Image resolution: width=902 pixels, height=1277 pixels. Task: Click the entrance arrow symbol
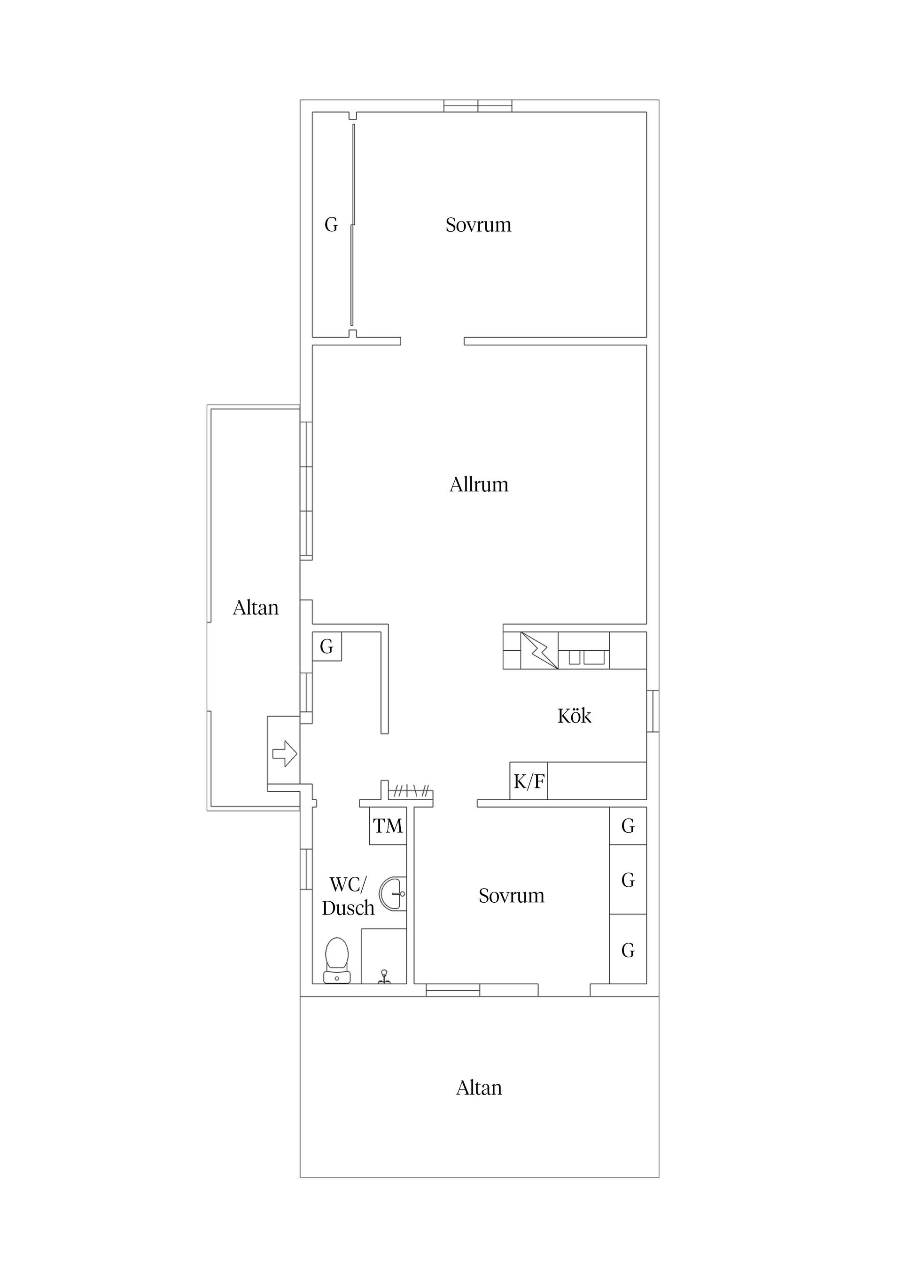tap(285, 754)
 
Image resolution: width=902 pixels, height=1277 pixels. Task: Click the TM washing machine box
tap(388, 826)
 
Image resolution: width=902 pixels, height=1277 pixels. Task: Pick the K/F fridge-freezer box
tap(529, 781)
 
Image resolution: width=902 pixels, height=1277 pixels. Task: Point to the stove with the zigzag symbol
tap(540, 650)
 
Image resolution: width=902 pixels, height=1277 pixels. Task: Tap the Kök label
tap(574, 715)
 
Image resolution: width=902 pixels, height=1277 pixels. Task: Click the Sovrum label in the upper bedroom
tap(479, 225)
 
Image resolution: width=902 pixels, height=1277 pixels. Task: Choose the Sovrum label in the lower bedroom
tap(511, 896)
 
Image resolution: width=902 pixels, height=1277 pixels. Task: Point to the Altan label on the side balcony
tap(256, 607)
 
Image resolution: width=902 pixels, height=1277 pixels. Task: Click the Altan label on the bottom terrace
tap(479, 1088)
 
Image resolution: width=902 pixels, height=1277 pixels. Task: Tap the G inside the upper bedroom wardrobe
tap(331, 225)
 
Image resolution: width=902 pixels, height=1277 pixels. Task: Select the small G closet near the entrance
tap(327, 646)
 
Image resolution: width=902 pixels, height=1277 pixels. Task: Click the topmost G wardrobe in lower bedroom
tap(628, 826)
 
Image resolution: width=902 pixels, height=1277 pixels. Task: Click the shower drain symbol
tap(384, 976)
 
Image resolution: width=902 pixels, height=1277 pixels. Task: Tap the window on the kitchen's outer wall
tap(653, 711)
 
